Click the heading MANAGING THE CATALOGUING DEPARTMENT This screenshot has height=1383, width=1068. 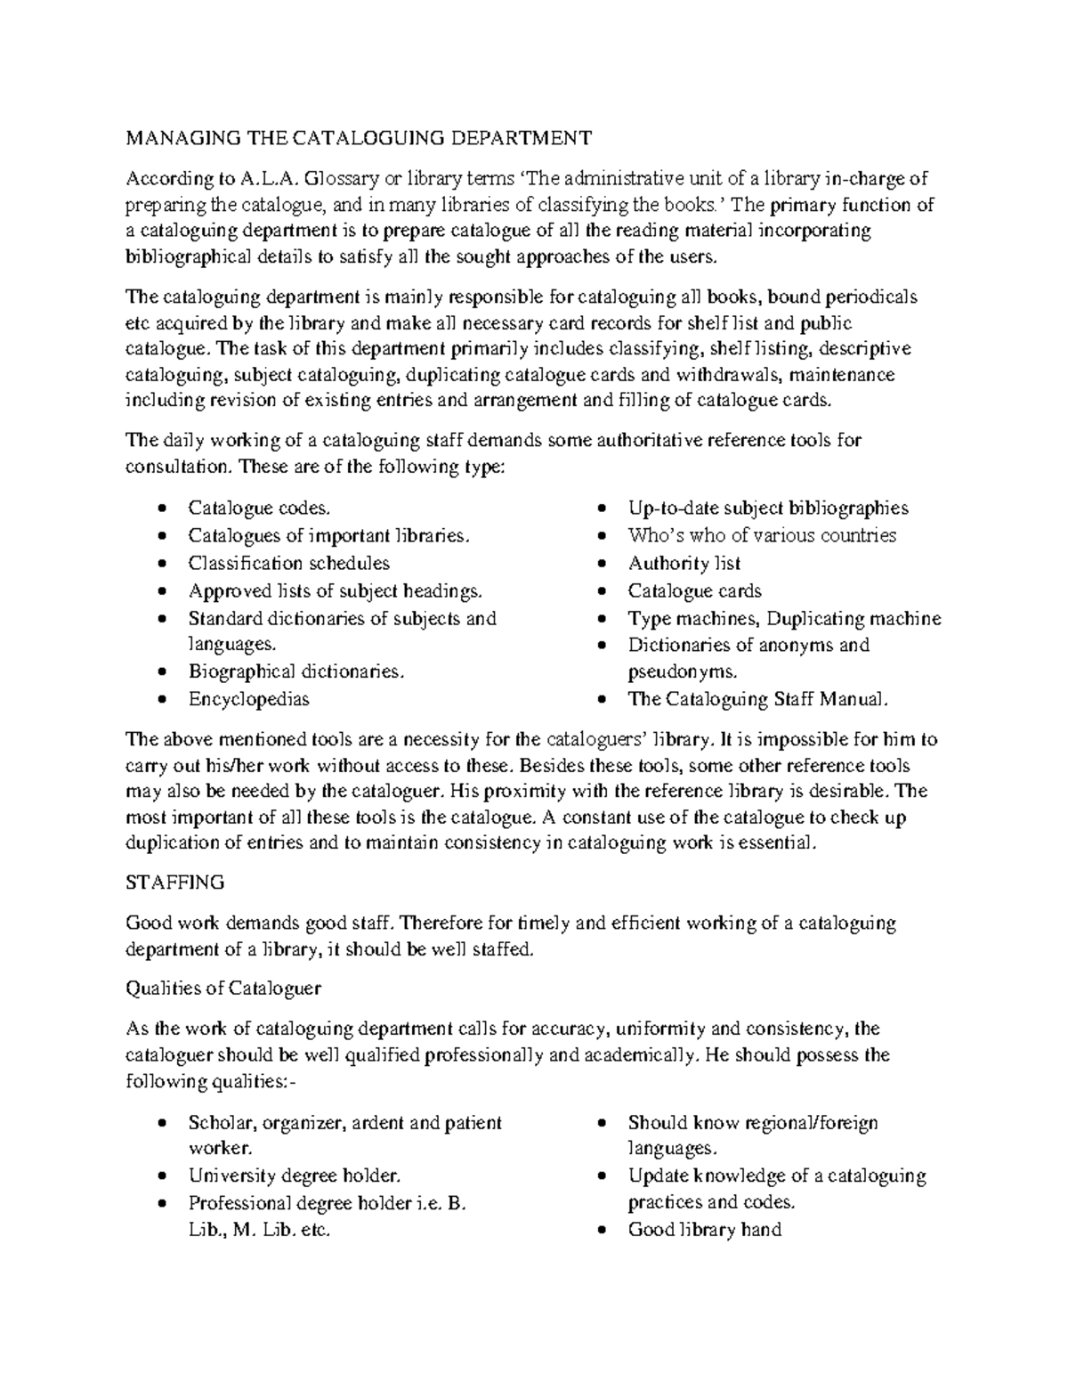pyautogui.click(x=359, y=138)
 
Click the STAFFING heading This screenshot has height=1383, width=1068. pyautogui.click(x=175, y=883)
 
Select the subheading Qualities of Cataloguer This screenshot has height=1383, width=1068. pyautogui.click(x=223, y=988)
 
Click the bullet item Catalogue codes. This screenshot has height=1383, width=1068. pyautogui.click(x=259, y=508)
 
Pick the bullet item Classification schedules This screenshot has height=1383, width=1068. pyautogui.click(x=288, y=564)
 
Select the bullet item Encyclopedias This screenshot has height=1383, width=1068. pyautogui.click(x=248, y=699)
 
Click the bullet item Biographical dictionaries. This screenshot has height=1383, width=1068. pyautogui.click(x=296, y=671)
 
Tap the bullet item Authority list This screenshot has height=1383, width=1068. pyautogui.click(x=684, y=564)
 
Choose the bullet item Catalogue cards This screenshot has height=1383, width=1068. pyautogui.click(x=694, y=591)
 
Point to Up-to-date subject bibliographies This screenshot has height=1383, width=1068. pyautogui.click(x=768, y=508)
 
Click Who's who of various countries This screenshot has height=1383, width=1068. pyautogui.click(x=762, y=536)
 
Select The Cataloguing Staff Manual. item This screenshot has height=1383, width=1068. pyautogui.click(x=758, y=699)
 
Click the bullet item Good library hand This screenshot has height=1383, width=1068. pyautogui.click(x=704, y=1230)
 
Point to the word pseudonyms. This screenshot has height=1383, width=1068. pyautogui.click(x=682, y=671)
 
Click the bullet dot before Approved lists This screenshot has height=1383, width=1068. pyautogui.click(x=161, y=592)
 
